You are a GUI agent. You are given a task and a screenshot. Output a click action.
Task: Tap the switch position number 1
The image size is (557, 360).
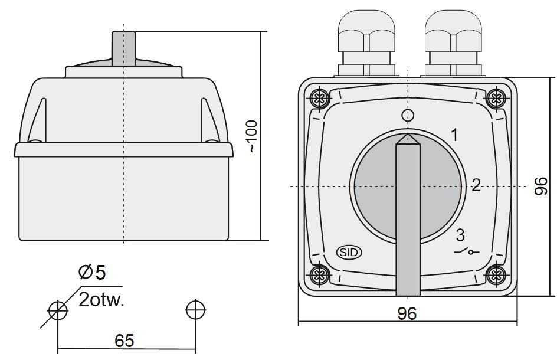click(x=454, y=135)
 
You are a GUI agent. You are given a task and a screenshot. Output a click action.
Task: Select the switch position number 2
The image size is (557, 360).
click(x=476, y=186)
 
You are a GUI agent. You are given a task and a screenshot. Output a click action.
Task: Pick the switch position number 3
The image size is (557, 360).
click(x=461, y=235)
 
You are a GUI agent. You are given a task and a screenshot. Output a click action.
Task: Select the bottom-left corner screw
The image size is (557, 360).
click(x=320, y=274)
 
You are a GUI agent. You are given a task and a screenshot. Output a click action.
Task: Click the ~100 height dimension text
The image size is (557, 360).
click(x=252, y=136)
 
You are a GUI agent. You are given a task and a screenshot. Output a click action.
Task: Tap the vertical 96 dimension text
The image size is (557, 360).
click(x=542, y=186)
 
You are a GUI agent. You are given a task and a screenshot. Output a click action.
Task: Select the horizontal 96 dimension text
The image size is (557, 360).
click(x=407, y=313)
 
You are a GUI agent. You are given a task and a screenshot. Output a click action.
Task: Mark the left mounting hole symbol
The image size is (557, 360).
click(x=57, y=309)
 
